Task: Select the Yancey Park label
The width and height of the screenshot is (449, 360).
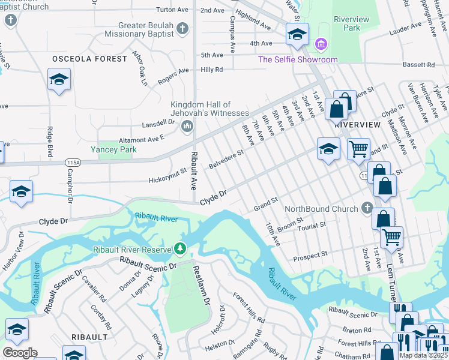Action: (113, 149)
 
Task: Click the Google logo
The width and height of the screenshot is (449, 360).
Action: (20, 353)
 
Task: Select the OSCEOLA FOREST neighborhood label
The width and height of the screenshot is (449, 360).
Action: (89, 59)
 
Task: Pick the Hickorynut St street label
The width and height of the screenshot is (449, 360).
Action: (168, 176)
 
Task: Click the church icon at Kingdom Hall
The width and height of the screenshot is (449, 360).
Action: (187, 125)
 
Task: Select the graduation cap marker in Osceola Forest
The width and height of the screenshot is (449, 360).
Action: (59, 80)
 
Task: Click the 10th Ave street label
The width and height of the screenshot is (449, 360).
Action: (273, 233)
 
